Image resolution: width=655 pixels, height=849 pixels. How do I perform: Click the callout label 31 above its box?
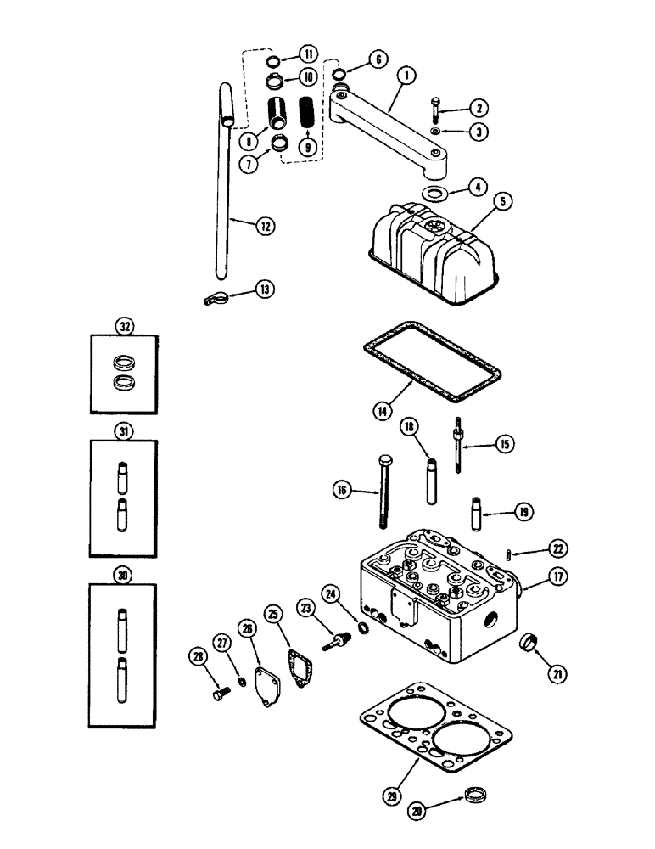point(125,431)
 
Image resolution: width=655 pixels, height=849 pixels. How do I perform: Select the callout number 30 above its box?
point(125,575)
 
